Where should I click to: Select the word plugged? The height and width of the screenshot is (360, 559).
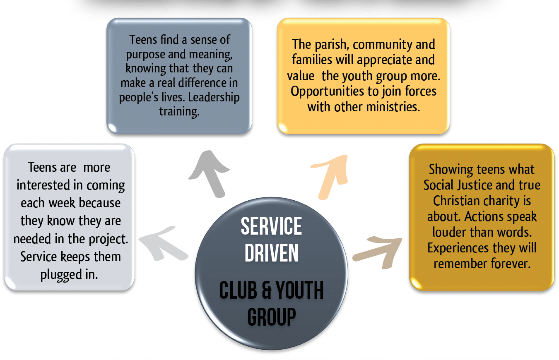(58, 274)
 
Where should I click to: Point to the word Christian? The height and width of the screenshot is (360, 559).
(453, 201)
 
